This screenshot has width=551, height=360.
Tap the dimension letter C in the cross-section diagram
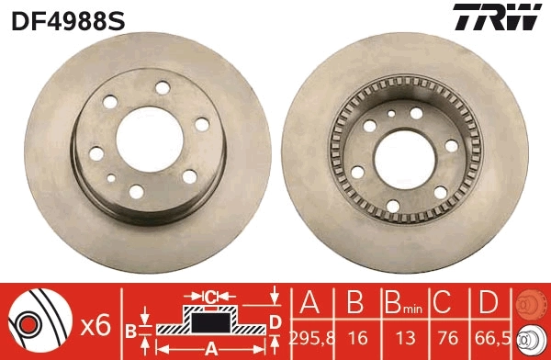[209, 296]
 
